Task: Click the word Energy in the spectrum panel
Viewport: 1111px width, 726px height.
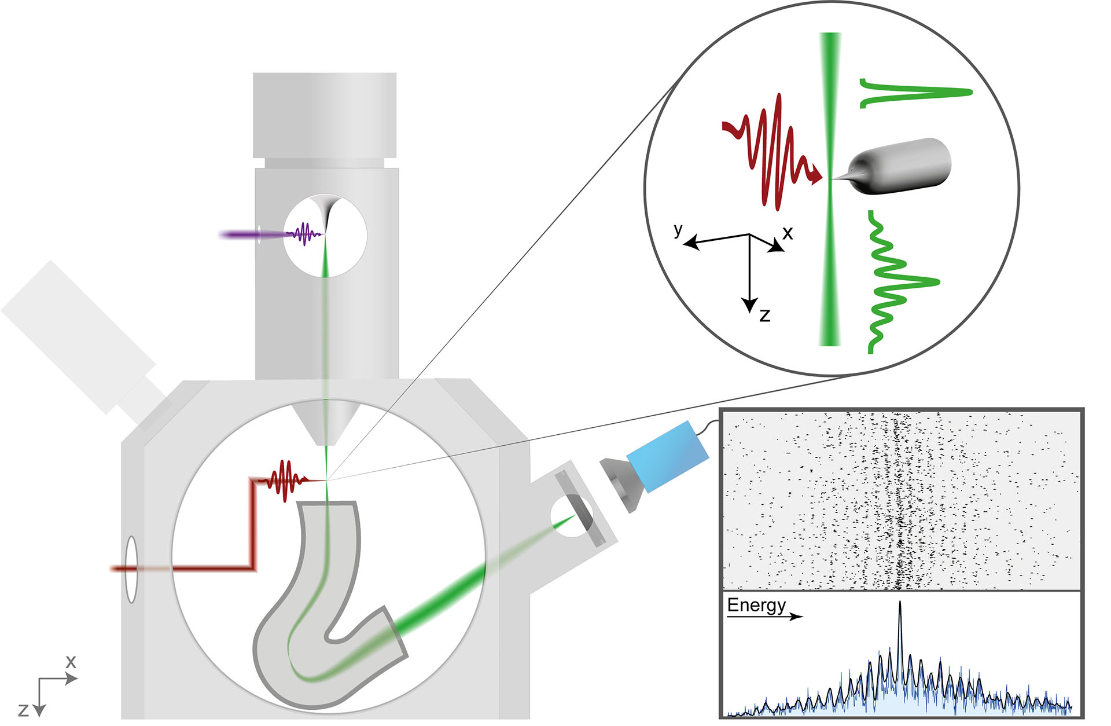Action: tap(756, 605)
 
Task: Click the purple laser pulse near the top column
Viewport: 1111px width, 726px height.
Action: tap(304, 234)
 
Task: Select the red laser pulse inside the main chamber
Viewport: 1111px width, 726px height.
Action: tap(284, 480)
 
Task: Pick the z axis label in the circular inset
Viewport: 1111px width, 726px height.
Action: tap(765, 316)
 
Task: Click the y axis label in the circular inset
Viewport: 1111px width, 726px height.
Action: tap(678, 229)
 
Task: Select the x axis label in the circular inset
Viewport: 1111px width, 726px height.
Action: tap(788, 233)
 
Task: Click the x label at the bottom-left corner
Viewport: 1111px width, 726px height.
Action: tap(71, 661)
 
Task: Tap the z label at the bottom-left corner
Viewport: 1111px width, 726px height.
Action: tap(23, 710)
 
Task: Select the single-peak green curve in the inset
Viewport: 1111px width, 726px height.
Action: tap(914, 93)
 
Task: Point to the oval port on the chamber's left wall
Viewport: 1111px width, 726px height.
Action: tap(132, 570)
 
